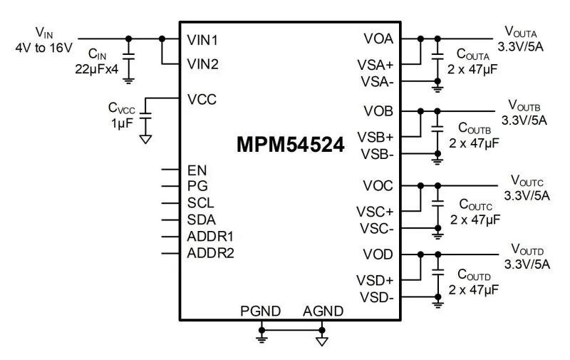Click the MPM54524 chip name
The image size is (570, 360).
pyautogui.click(x=290, y=144)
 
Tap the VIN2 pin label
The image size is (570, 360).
pyautogui.click(x=202, y=64)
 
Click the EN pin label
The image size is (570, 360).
pyautogui.click(x=197, y=170)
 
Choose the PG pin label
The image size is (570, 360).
pyautogui.click(x=197, y=187)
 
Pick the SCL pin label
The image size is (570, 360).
pyautogui.click(x=200, y=203)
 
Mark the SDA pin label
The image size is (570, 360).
pyautogui.click(x=201, y=220)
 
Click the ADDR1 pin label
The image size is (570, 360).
pyautogui.click(x=210, y=236)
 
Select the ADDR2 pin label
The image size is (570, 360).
pyautogui.click(x=210, y=252)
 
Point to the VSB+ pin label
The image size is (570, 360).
pyautogui.click(x=375, y=136)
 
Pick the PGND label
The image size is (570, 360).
pyautogui.click(x=261, y=311)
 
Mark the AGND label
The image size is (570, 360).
pyautogui.click(x=323, y=311)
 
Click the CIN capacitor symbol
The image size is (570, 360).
pyautogui.click(x=129, y=56)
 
